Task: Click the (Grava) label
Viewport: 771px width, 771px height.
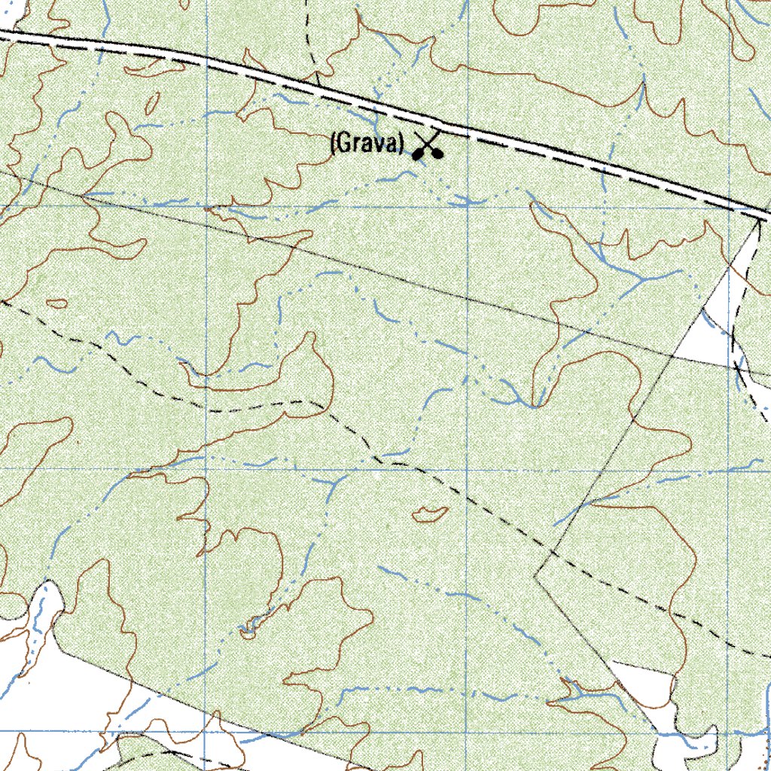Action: (367, 143)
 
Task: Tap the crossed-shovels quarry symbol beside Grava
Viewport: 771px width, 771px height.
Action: (427, 146)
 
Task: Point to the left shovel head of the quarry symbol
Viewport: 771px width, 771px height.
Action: (416, 156)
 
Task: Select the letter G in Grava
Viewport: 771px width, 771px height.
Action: (343, 143)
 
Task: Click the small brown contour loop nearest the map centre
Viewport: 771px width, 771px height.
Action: (430, 515)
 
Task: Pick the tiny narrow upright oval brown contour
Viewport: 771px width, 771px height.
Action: (154, 104)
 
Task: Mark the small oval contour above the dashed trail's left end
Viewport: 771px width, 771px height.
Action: (56, 304)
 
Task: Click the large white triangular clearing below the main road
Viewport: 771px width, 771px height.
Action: (715, 316)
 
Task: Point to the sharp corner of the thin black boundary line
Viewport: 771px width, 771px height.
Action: (535, 574)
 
